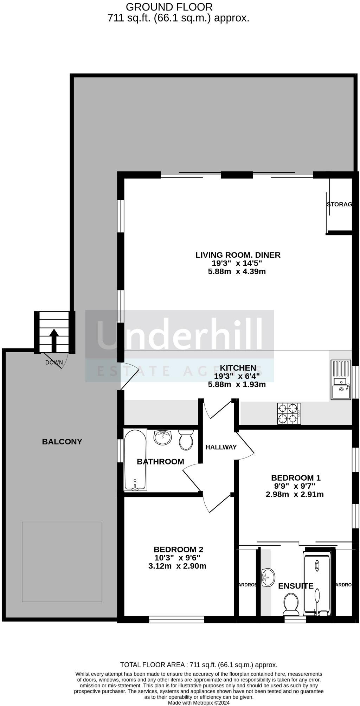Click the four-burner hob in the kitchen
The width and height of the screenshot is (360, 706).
(289, 413)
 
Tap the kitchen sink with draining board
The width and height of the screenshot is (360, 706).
(341, 379)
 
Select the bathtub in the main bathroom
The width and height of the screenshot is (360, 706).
(135, 460)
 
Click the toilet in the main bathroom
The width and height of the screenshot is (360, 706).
(186, 440)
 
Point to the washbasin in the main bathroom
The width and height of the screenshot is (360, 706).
(162, 437)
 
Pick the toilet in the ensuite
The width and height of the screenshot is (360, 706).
(291, 603)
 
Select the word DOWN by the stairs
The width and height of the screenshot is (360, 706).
(54, 362)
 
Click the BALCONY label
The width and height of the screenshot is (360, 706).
(62, 442)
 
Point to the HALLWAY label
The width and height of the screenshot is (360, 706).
(221, 447)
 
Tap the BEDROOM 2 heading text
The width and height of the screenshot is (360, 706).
(178, 549)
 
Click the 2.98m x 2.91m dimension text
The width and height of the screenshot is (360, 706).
(294, 494)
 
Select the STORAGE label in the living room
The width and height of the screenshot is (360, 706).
(339, 204)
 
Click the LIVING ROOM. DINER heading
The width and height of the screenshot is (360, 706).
(238, 255)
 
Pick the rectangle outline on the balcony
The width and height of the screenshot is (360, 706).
(62, 561)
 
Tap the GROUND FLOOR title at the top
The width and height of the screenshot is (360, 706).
(169, 7)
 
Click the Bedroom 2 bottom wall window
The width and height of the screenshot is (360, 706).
(176, 619)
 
